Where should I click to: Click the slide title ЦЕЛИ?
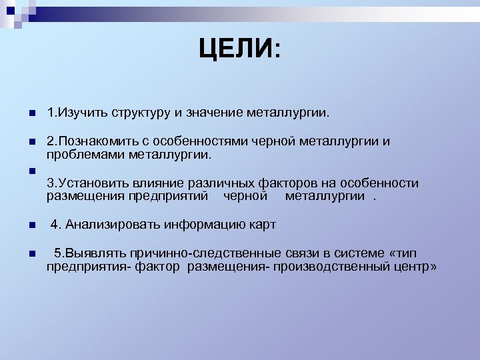tap(240, 49)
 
